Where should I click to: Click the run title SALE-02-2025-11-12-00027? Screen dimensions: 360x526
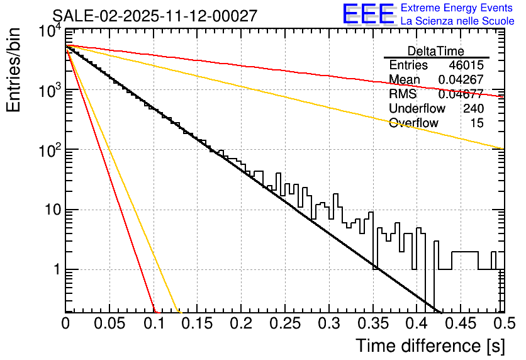(155, 16)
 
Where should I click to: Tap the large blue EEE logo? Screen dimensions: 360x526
(367, 14)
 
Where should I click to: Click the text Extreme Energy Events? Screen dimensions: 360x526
(457, 8)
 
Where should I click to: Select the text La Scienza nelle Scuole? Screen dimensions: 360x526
(457, 21)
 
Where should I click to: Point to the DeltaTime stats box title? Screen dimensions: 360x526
(435, 51)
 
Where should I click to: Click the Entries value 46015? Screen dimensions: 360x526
(466, 65)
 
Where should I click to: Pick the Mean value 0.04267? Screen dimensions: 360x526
(461, 80)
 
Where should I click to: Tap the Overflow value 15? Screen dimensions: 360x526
(478, 123)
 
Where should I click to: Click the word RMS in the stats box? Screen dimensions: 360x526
(403, 94)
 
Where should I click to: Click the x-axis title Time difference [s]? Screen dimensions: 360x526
(430, 346)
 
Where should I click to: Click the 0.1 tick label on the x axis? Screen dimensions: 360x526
(154, 323)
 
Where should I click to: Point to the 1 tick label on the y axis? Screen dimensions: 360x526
(55, 269)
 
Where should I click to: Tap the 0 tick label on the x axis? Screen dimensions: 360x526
(65, 323)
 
